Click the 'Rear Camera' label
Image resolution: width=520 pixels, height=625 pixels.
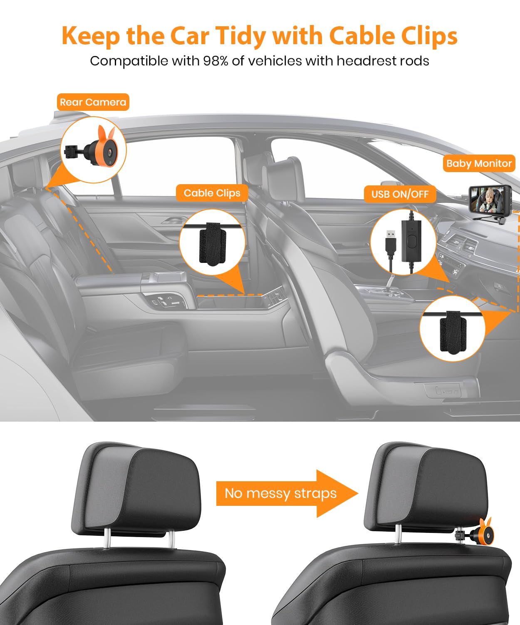(x=93, y=102)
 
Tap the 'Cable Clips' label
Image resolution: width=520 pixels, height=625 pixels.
(x=212, y=193)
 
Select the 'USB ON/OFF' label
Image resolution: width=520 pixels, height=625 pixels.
(x=400, y=194)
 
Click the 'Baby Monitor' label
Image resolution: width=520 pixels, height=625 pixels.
(x=479, y=163)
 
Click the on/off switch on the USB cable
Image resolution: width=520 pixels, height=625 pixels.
(x=411, y=241)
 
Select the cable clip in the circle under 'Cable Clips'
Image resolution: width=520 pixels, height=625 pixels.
(x=212, y=243)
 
